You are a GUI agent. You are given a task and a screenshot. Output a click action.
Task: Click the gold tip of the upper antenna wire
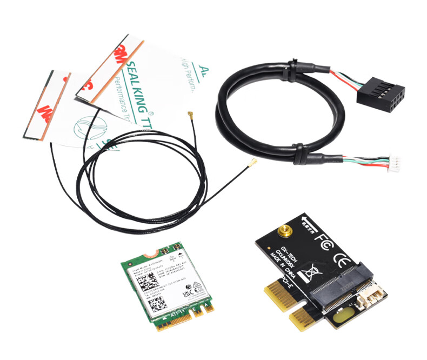[190, 115]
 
